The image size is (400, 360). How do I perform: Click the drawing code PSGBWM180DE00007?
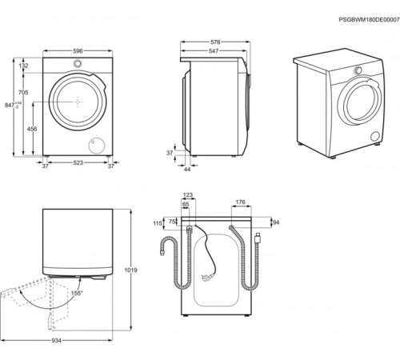click(369, 20)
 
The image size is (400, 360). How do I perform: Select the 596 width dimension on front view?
click(78, 50)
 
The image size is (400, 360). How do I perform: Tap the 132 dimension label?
click(23, 66)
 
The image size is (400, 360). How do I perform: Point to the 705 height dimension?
click(23, 93)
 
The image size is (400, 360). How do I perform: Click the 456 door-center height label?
click(32, 129)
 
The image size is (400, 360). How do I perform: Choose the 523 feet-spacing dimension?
click(78, 162)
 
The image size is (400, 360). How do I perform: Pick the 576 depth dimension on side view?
click(215, 42)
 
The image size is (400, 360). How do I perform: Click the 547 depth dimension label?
click(214, 50)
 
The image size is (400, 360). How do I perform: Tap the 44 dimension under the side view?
click(187, 169)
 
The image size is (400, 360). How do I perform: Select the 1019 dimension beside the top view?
click(131, 270)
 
